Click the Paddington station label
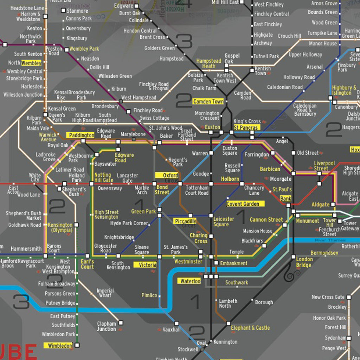tap(81, 135)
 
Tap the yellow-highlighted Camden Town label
tap(208, 102)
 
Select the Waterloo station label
tap(190, 281)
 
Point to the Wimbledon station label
tap(58, 346)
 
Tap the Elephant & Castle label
tap(250, 328)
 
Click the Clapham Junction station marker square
tap(121, 323)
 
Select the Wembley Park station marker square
tap(67, 50)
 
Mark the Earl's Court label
tap(87, 264)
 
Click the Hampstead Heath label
tap(208, 63)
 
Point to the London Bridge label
tap(304, 262)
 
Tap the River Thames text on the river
tap(326, 240)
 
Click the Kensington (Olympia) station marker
tap(76, 225)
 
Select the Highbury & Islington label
tap(344, 90)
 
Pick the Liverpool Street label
tap(324, 166)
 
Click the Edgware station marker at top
tap(136, 6)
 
